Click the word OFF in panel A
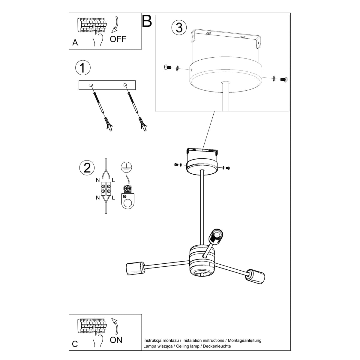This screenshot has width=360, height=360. pos(118,39)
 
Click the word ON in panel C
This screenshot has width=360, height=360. pos(116,340)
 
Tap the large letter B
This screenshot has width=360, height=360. pos(147,21)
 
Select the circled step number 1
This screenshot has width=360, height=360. pos(83,68)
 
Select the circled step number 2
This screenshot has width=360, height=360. pos(87,167)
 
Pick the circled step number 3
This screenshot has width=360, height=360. pos(179,28)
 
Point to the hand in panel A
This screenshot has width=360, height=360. pos(98,37)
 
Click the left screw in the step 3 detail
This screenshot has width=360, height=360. pos(168,68)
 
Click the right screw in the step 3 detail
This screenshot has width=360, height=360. pos(283,79)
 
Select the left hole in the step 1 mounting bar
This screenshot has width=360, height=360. pos(91,85)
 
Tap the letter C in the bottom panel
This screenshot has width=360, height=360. pos(75,344)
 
